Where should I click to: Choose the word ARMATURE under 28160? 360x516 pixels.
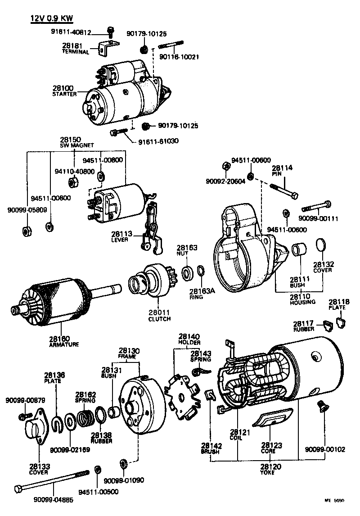coord(64,344)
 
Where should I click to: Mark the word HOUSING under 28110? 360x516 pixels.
coord(302,302)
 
